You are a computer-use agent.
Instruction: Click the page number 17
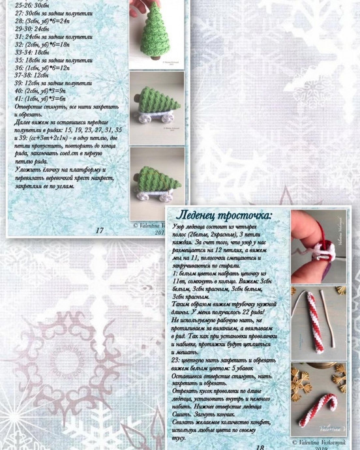(99, 230)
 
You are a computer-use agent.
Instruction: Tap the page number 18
(260, 447)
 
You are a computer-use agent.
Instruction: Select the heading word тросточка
(248, 215)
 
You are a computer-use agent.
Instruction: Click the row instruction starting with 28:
(43, 20)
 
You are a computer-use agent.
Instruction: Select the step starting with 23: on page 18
(222, 360)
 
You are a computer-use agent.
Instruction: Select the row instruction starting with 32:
(43, 43)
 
